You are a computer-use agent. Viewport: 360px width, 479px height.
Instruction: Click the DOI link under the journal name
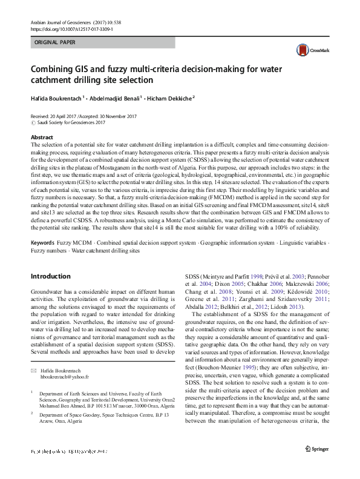[x=71, y=28]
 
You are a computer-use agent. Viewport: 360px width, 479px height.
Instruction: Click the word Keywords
[x=44, y=242]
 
